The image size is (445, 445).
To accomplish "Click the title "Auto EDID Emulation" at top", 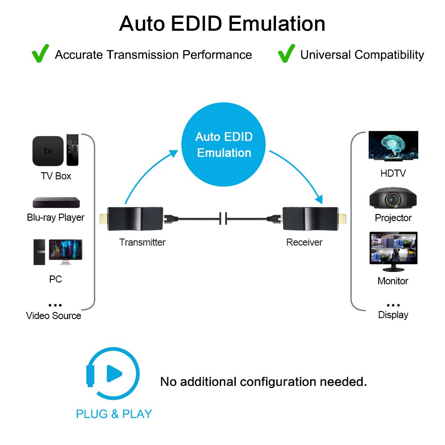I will tap(222, 24).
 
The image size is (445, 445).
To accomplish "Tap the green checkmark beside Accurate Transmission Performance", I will tap(40, 53).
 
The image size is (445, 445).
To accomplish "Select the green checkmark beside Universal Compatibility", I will tap(286, 53).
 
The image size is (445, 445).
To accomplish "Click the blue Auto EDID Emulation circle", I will tap(223, 144).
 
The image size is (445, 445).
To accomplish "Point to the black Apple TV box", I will tap(48, 151).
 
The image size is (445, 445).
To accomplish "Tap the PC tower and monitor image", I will tap(58, 252).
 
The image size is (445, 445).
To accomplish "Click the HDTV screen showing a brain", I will tap(393, 146).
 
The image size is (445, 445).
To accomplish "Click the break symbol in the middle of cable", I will tap(223, 218).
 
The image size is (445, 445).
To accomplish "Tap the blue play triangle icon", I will tap(114, 374).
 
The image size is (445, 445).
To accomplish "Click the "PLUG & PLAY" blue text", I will tap(114, 414).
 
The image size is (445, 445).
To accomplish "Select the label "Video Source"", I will tap(53, 316).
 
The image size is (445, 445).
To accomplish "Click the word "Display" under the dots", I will tap(393, 315).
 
